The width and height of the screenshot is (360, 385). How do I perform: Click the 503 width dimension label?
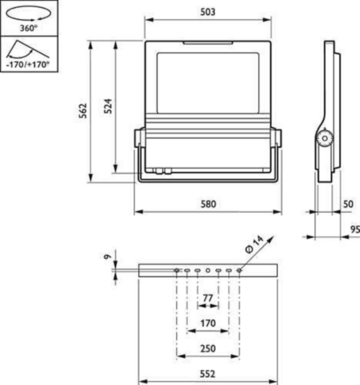(x=207, y=12)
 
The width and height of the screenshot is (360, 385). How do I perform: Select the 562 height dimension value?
(x=83, y=111)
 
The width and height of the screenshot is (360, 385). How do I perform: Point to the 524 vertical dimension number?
(x=108, y=106)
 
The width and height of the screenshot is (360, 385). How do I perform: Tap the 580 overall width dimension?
(x=208, y=204)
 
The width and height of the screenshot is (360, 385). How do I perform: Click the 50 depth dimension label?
(x=348, y=204)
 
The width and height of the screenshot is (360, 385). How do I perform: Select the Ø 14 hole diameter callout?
(x=254, y=245)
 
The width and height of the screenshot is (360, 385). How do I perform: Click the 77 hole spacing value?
(x=208, y=298)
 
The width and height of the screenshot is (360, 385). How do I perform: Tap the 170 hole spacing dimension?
(x=208, y=323)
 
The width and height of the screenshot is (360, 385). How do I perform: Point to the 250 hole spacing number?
(x=208, y=349)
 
